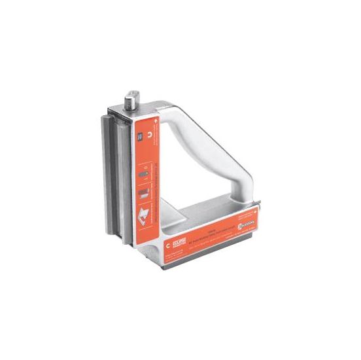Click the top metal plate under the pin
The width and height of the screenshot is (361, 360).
[x=150, y=111]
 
